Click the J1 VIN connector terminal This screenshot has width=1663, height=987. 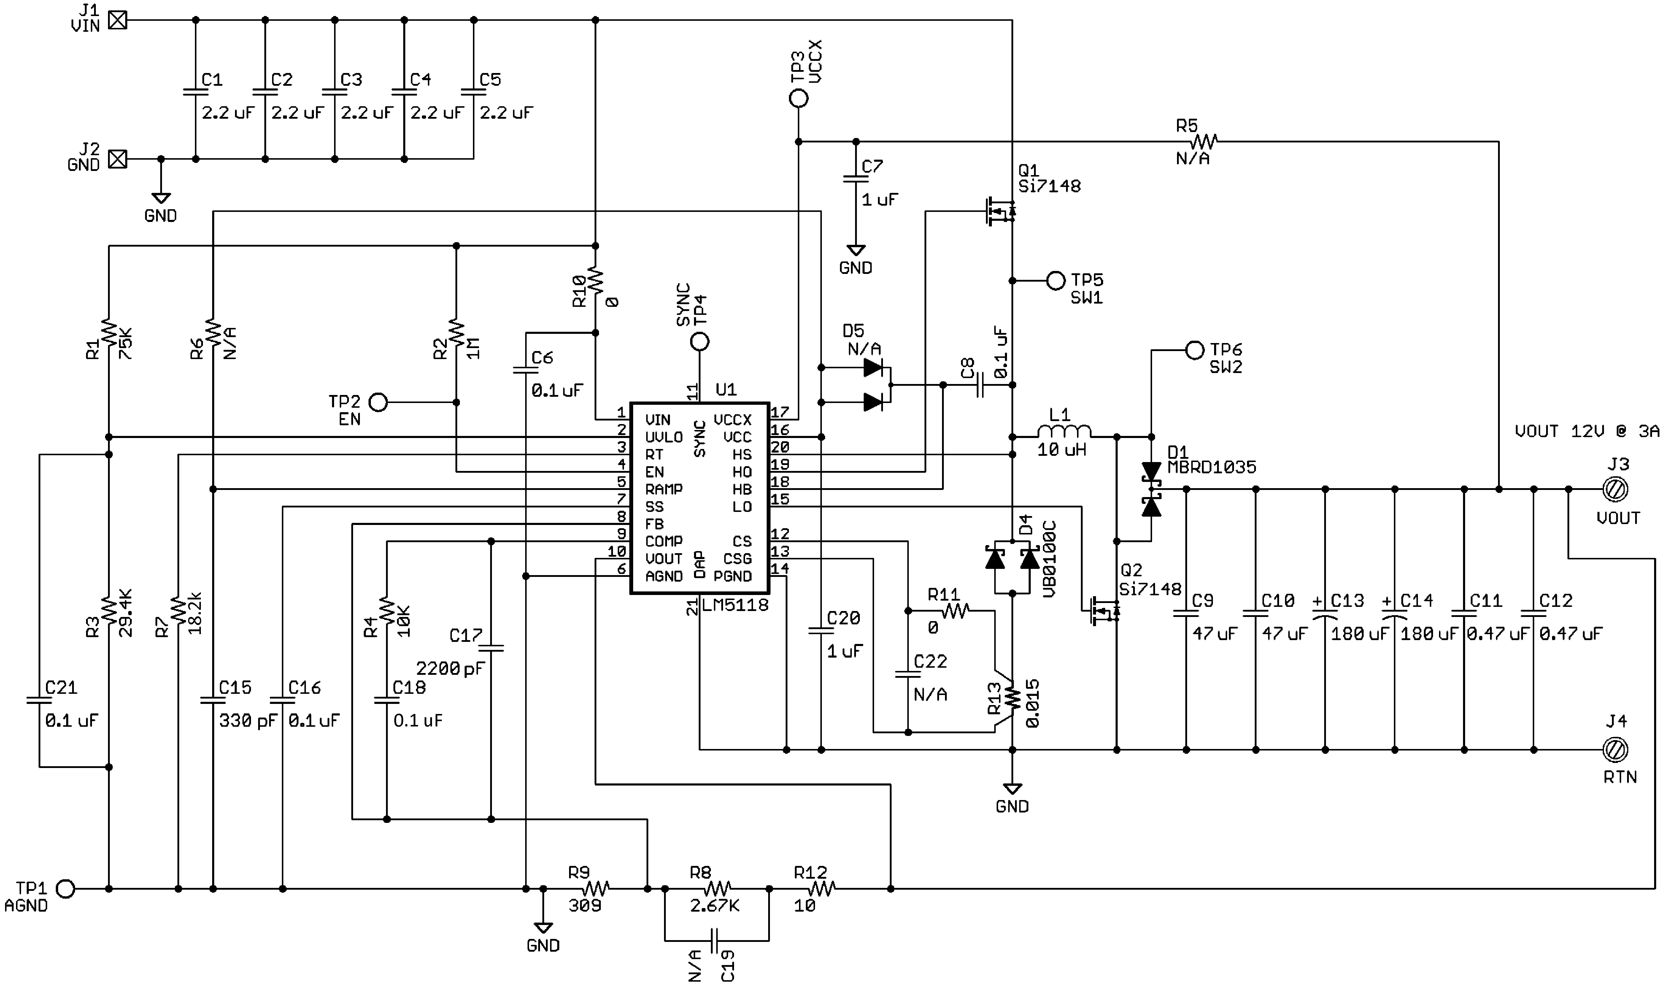click(x=118, y=20)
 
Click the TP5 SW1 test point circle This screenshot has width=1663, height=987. click(x=1056, y=281)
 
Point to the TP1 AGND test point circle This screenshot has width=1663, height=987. click(x=65, y=888)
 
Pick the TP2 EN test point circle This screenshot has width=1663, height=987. click(x=378, y=402)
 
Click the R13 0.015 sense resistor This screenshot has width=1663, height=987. click(x=1012, y=698)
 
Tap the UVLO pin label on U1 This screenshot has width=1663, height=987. click(x=664, y=437)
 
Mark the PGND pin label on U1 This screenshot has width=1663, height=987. click(x=732, y=576)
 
